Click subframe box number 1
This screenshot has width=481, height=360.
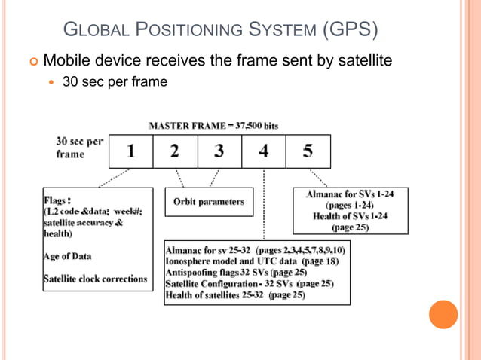pyautogui.click(x=131, y=151)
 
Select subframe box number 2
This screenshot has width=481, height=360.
pyautogui.click(x=175, y=151)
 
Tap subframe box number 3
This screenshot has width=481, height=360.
pyautogui.click(x=219, y=151)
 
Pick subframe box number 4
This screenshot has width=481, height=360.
pyautogui.click(x=263, y=151)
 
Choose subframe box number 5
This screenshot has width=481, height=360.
pyautogui.click(x=308, y=151)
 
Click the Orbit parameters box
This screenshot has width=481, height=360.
pyautogui.click(x=209, y=202)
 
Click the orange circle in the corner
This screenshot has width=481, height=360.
pyautogui.click(x=443, y=315)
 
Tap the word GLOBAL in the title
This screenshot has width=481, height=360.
pyautogui.click(x=91, y=32)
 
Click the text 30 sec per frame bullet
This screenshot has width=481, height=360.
pyautogui.click(x=115, y=81)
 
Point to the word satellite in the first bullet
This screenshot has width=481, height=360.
pyautogui.click(x=365, y=59)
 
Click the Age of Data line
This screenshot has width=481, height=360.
pyautogui.click(x=72, y=256)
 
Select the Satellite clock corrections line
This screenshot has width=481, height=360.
pyautogui.click(x=95, y=279)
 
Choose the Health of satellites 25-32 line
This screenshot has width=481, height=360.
pyautogui.click(x=235, y=295)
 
